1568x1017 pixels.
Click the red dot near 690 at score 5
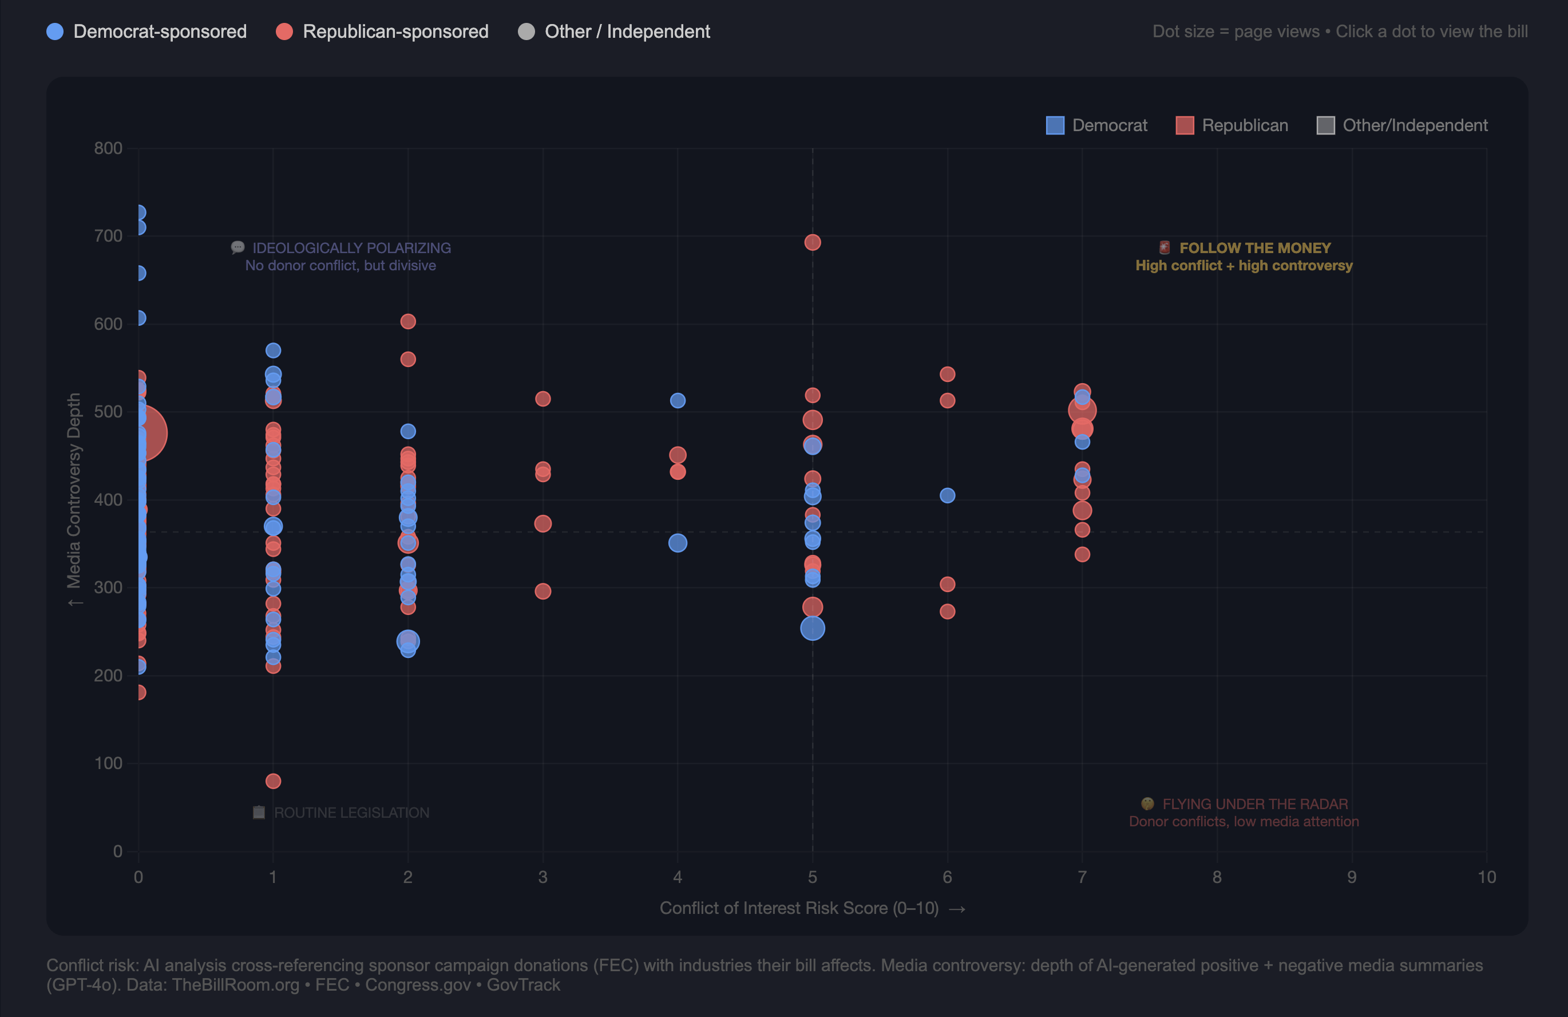tap(813, 243)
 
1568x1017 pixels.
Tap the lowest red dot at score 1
tap(274, 781)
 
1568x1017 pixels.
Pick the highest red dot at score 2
tap(408, 322)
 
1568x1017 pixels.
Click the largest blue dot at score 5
tap(813, 628)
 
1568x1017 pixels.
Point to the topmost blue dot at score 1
tap(274, 350)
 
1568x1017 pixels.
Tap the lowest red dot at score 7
tap(1082, 554)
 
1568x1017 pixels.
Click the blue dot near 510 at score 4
tap(677, 401)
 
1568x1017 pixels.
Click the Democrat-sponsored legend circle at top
tap(56, 31)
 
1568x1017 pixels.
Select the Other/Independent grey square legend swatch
tap(1325, 125)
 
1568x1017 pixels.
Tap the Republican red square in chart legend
tap(1185, 125)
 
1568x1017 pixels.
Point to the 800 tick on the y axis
tap(108, 148)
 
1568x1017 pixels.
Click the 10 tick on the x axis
tap(1486, 877)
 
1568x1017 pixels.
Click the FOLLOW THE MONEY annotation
tap(1254, 249)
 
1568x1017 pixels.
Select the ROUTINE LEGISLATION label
tap(351, 813)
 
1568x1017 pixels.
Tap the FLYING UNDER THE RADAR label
tap(1254, 804)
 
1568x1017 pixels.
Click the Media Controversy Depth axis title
tap(74, 491)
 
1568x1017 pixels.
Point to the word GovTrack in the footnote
tap(524, 985)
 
